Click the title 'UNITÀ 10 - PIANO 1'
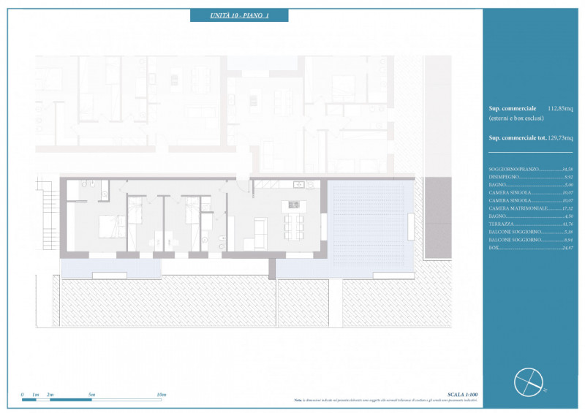[x=239, y=15]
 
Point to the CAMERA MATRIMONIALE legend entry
[x=519, y=208]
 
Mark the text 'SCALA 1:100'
[x=462, y=395]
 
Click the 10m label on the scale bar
[x=161, y=395]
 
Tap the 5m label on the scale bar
[x=91, y=395]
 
